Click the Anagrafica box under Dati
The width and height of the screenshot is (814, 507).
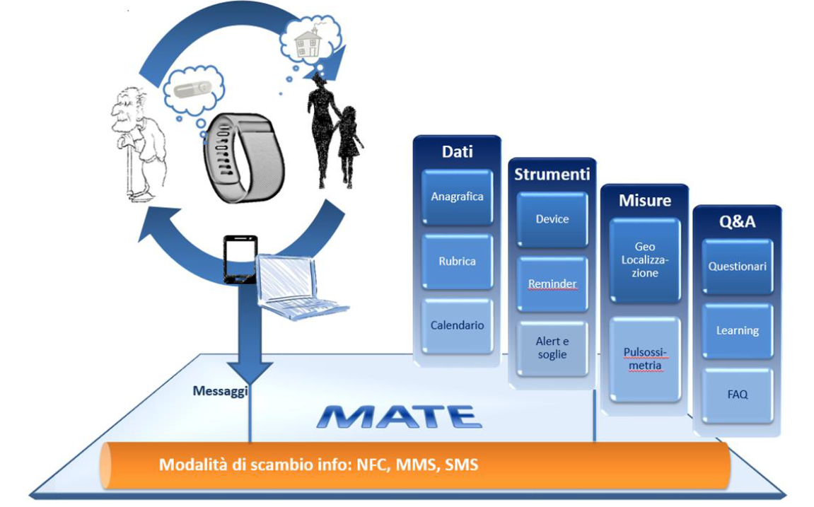(457, 197)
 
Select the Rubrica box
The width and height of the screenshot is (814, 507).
(457, 261)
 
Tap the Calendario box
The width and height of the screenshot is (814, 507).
(457, 326)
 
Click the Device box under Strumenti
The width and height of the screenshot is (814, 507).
(552, 219)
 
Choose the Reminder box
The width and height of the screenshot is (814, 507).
(552, 284)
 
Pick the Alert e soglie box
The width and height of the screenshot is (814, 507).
(552, 349)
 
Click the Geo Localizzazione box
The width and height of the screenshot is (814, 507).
(644, 260)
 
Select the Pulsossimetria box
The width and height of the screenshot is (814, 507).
(644, 359)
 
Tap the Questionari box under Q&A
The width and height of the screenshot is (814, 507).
(737, 267)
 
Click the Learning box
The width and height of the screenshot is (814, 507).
(737, 331)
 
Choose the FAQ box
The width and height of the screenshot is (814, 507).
(737, 395)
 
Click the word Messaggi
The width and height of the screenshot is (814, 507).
(220, 391)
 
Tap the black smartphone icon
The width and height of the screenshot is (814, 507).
(240, 260)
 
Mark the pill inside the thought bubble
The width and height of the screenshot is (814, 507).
(192, 91)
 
